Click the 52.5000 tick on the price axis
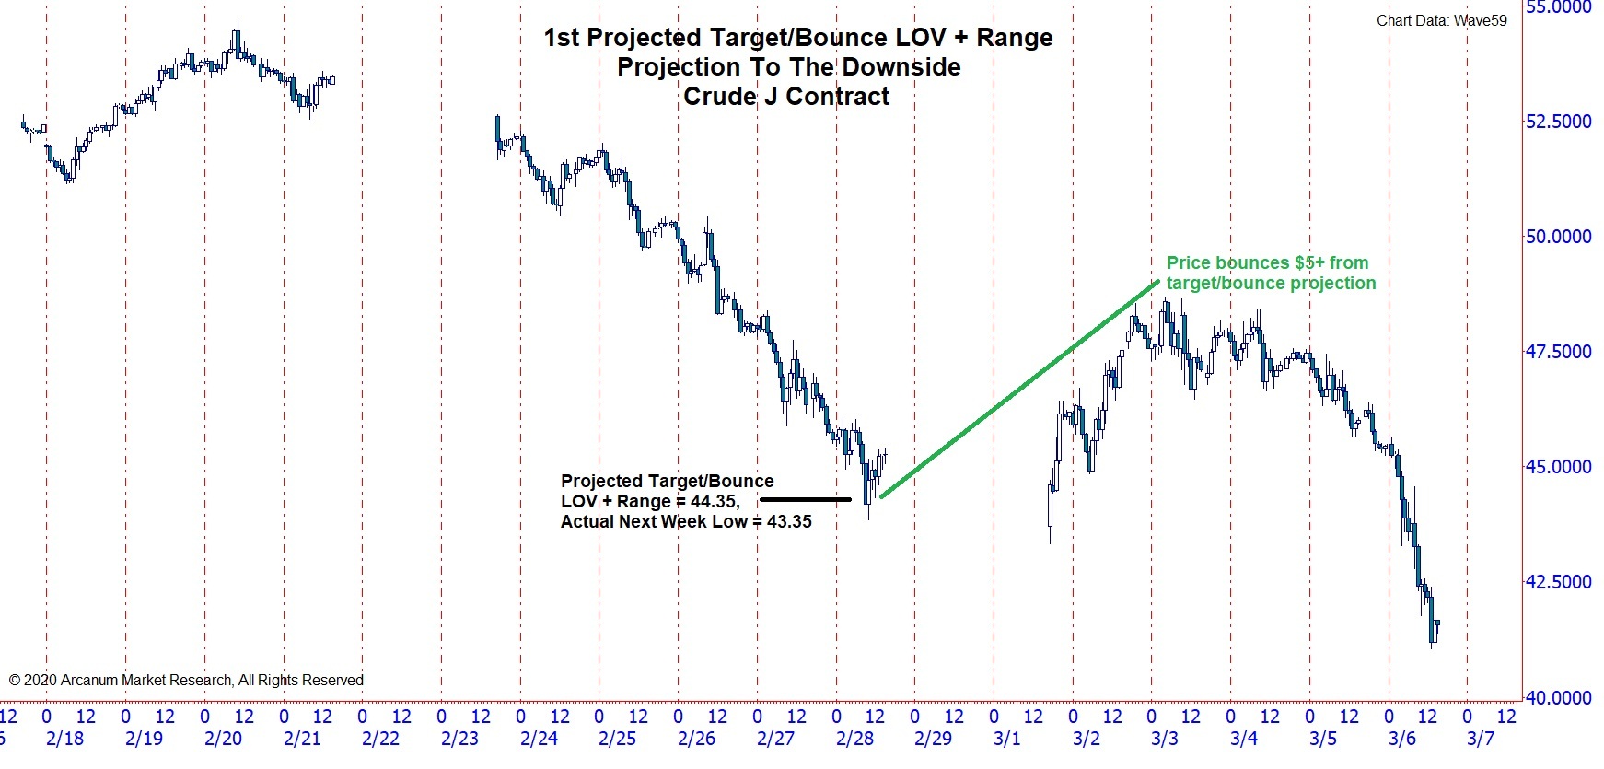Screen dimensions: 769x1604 [x=1558, y=122]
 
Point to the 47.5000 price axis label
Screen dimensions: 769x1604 [x=1558, y=352]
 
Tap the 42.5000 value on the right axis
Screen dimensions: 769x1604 [x=1558, y=582]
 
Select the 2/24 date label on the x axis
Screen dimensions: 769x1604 [x=539, y=739]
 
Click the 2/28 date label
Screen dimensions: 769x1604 [x=854, y=739]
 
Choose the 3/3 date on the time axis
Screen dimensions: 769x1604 [x=1165, y=739]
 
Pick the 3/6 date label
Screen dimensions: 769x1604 [x=1402, y=739]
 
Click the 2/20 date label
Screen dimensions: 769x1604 [x=223, y=739]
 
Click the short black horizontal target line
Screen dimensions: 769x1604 [x=806, y=500]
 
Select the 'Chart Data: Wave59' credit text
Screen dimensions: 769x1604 [x=1442, y=20]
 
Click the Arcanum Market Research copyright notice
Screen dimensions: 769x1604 [x=186, y=681]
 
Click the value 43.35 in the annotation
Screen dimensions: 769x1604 [x=789, y=522]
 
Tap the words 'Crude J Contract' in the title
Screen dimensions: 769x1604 [x=786, y=97]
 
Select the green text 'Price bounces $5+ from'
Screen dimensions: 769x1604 [x=1267, y=262]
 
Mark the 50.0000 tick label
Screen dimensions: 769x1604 [x=1558, y=237]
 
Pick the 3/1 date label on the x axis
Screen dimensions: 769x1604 [x=1007, y=739]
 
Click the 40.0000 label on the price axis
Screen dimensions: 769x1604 [x=1558, y=698]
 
